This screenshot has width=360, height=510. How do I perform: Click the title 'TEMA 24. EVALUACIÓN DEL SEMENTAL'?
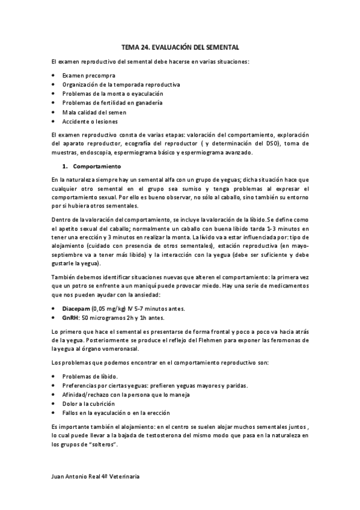(180, 46)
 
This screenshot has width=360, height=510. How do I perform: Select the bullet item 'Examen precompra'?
(88, 76)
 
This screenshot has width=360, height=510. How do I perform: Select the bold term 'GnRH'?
(70, 317)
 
